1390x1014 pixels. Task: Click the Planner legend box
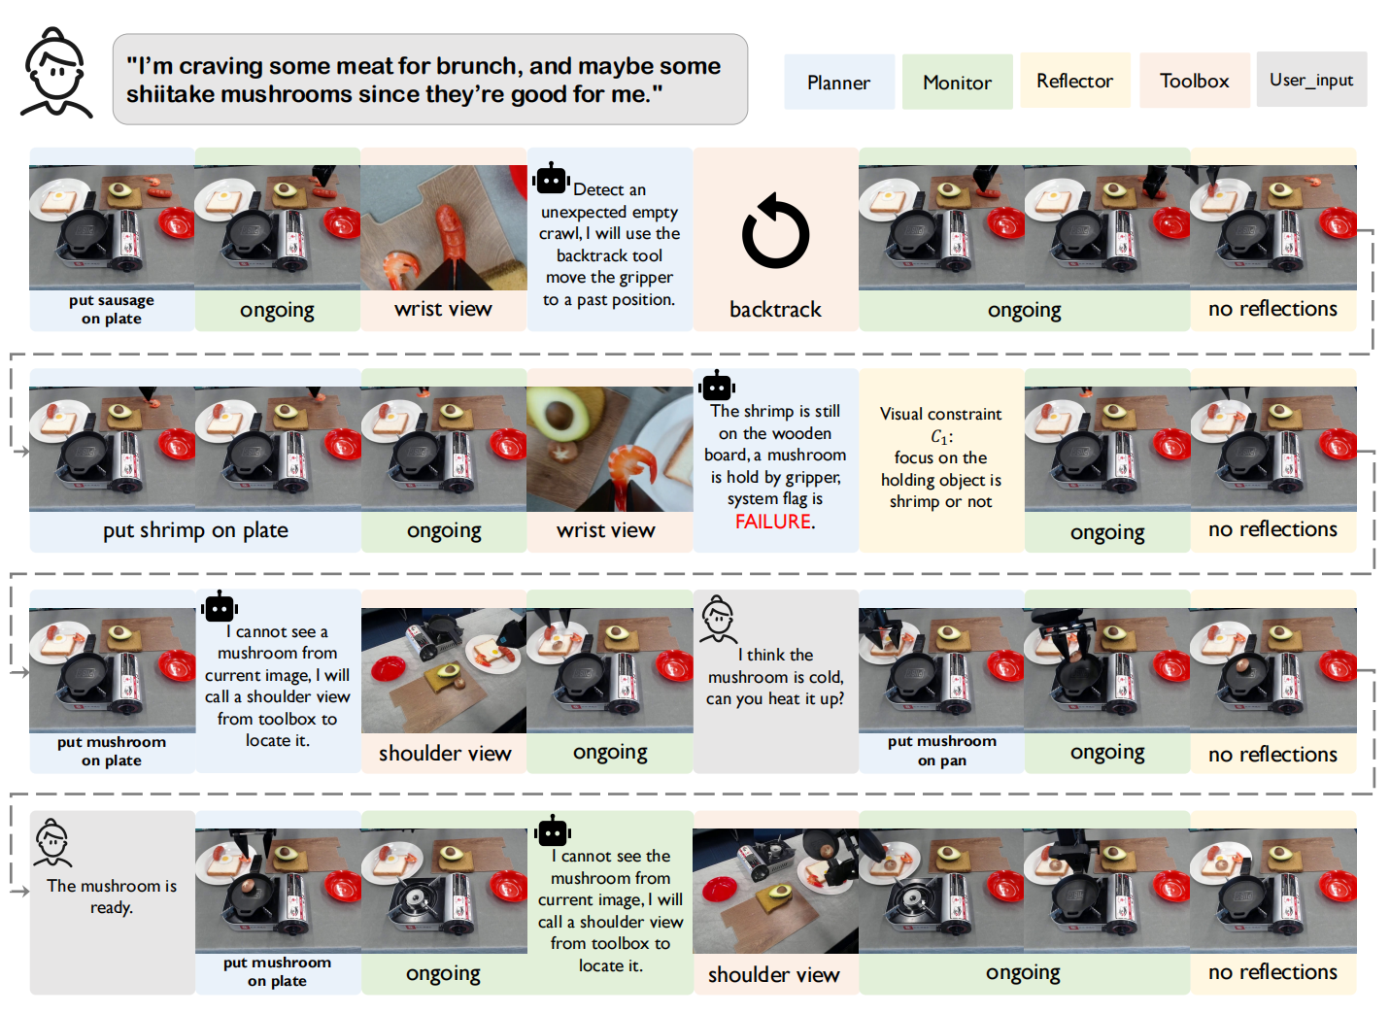coord(839,82)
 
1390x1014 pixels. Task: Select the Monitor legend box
coord(957,82)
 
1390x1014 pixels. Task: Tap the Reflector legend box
coord(1074,81)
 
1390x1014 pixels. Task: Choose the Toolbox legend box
coord(1195,81)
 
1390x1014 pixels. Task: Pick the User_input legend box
coord(1311,80)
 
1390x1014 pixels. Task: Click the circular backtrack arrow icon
coord(776,231)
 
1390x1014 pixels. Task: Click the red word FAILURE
coord(773,522)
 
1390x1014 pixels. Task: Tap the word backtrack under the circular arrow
coord(775,309)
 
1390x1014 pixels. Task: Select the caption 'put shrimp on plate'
coord(195,530)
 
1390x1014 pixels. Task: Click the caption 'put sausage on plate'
coord(112,309)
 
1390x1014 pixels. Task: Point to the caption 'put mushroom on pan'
coord(942,750)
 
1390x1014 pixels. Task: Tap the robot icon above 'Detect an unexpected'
coord(551,178)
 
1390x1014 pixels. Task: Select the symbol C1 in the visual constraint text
coord(940,437)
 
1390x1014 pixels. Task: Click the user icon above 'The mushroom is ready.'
coord(52,843)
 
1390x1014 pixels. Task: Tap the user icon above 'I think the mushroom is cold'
coord(719,620)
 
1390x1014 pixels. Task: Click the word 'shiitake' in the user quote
coord(170,94)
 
